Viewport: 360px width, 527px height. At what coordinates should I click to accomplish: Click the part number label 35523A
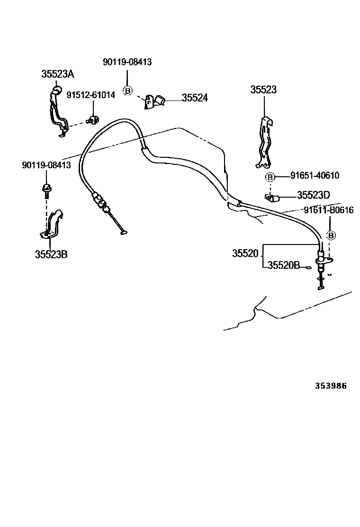(57, 74)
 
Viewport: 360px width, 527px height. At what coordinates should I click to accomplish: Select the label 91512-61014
(90, 95)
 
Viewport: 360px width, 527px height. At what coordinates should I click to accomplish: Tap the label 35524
(195, 98)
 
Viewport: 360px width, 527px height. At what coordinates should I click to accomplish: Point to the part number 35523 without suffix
(264, 90)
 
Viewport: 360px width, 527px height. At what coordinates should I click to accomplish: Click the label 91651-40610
(315, 175)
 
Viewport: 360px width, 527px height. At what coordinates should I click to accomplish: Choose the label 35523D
(313, 195)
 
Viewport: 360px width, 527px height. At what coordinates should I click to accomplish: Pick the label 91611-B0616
(328, 210)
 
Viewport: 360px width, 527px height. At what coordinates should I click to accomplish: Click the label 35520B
(283, 265)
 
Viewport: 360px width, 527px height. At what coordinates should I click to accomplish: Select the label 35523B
(51, 254)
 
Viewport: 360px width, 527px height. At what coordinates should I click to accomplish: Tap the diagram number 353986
(331, 386)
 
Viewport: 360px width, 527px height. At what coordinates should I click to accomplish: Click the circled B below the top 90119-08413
(127, 91)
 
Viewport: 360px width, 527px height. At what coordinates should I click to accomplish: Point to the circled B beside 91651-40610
(270, 177)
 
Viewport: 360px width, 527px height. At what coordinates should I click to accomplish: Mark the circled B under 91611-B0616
(331, 235)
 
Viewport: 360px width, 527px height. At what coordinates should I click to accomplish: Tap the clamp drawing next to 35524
(155, 101)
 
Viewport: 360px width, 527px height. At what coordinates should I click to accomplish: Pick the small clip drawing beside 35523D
(273, 197)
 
